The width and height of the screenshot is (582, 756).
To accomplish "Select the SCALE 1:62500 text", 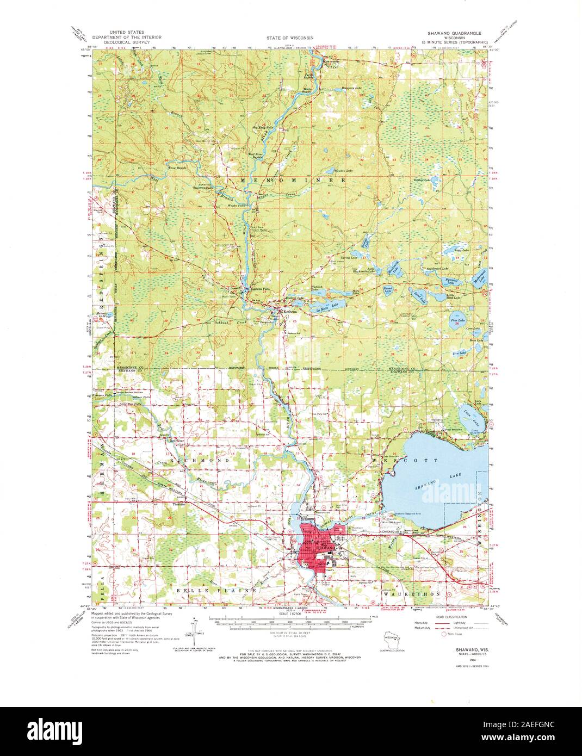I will pyautogui.click(x=291, y=614).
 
